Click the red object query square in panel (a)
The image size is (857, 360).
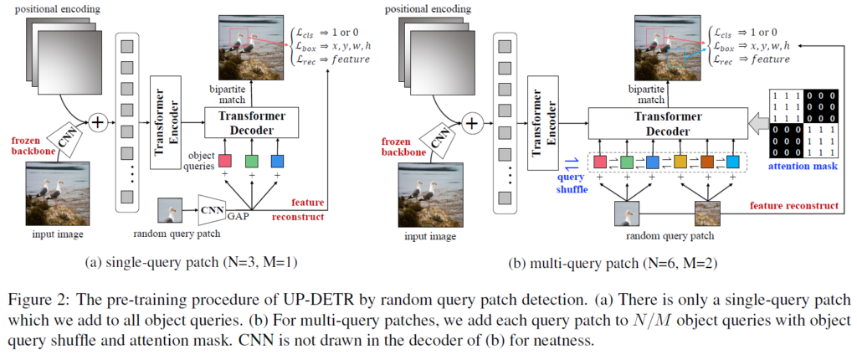pyautogui.click(x=225, y=160)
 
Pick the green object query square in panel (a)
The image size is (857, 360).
pyautogui.click(x=251, y=160)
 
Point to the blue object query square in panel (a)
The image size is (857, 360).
pyautogui.click(x=277, y=160)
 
